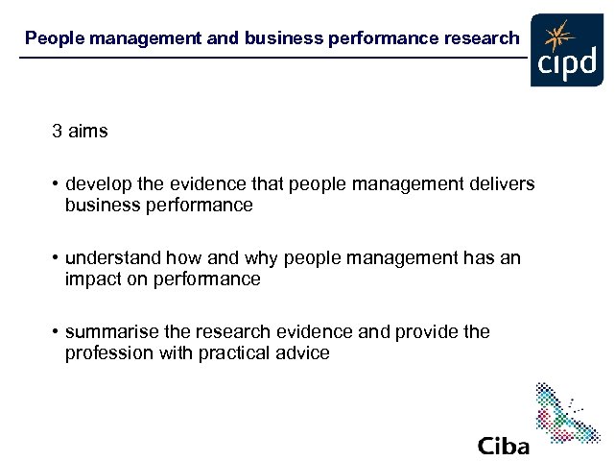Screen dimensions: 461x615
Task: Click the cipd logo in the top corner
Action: click(x=566, y=50)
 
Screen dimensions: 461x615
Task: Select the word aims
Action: click(x=88, y=132)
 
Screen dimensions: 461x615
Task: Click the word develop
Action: click(x=99, y=183)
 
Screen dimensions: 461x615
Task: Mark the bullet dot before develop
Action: click(x=56, y=183)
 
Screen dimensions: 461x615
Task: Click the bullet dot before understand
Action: click(x=56, y=257)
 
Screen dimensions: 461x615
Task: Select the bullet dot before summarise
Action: click(x=56, y=331)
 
